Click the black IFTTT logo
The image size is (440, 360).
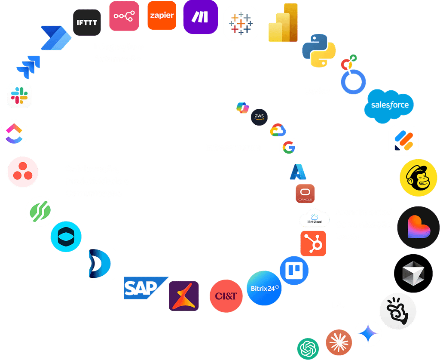pyautogui.click(x=87, y=22)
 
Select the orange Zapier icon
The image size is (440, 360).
pyautogui.click(x=162, y=15)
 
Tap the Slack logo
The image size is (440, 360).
pyautogui.click(x=19, y=95)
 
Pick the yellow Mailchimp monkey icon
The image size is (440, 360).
pyautogui.click(x=416, y=178)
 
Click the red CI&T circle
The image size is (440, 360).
pyautogui.click(x=226, y=296)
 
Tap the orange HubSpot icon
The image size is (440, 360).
pyautogui.click(x=313, y=243)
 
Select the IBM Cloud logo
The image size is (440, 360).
pyautogui.click(x=314, y=219)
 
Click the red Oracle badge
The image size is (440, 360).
pyautogui.click(x=305, y=194)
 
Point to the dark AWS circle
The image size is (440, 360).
pyautogui.click(x=259, y=117)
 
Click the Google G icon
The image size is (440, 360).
pyautogui.click(x=288, y=148)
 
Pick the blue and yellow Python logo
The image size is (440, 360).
pyautogui.click(x=319, y=50)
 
